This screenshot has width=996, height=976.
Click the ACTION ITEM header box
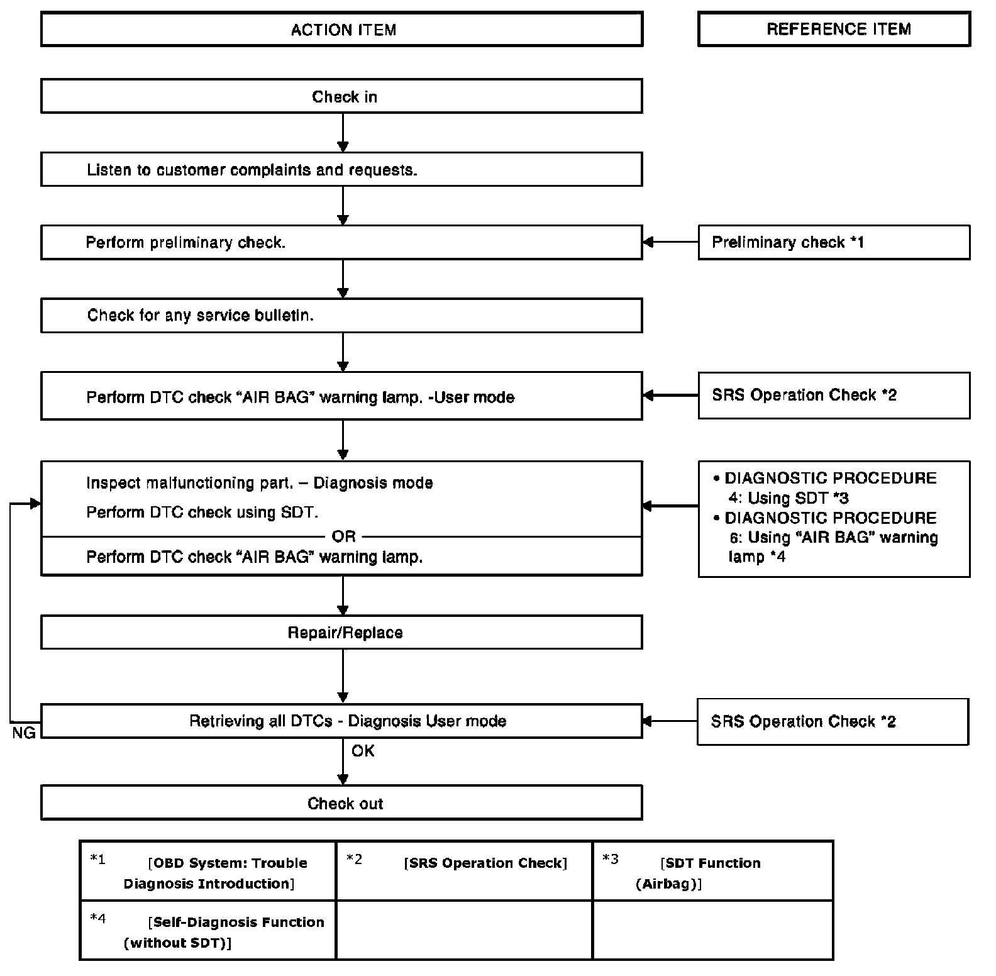pyautogui.click(x=341, y=30)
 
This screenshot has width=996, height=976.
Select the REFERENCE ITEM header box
pyautogui.click(x=834, y=29)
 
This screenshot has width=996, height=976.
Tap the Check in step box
pyautogui.click(x=341, y=96)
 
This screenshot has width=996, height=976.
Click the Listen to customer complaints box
pyautogui.click(x=341, y=169)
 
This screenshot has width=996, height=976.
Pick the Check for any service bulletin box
pyautogui.click(x=341, y=315)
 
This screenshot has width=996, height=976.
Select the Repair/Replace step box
pyautogui.click(x=341, y=632)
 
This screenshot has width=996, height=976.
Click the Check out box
pyautogui.click(x=341, y=802)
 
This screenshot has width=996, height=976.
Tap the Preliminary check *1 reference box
pyautogui.click(x=834, y=242)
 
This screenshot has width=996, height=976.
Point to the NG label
pyautogui.click(x=24, y=733)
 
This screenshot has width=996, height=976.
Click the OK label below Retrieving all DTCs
pyautogui.click(x=363, y=751)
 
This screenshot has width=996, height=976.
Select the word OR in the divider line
pyautogui.click(x=343, y=536)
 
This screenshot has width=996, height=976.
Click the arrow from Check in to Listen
pyautogui.click(x=343, y=133)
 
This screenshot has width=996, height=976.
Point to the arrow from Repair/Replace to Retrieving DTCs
pyautogui.click(x=343, y=676)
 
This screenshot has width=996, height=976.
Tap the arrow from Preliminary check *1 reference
pyautogui.click(x=670, y=242)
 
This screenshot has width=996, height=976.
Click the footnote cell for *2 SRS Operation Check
pyautogui.click(x=465, y=871)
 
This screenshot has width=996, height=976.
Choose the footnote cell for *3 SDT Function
pyautogui.click(x=713, y=871)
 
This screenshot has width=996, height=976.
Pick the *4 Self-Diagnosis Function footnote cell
pyautogui.click(x=208, y=930)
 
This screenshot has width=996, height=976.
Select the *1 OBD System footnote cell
pyautogui.click(x=208, y=871)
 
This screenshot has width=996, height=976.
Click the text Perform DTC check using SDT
pyautogui.click(x=202, y=513)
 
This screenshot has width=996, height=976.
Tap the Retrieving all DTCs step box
pyautogui.click(x=341, y=721)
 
